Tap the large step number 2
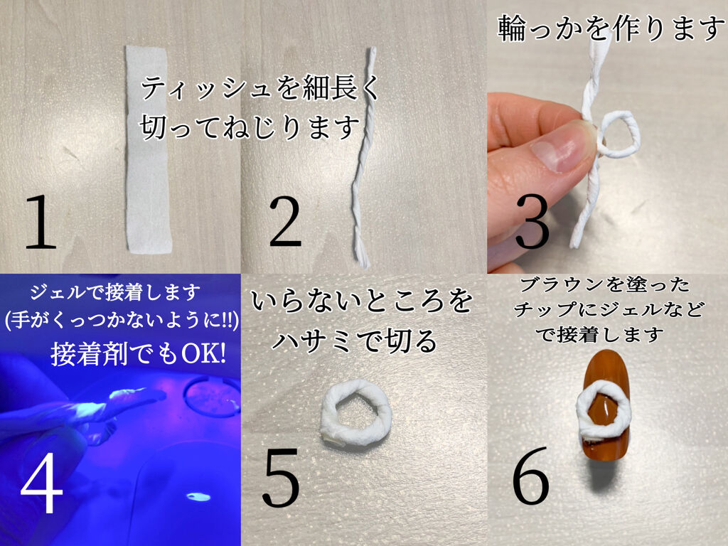click(x=285, y=222)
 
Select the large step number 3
click(x=532, y=222)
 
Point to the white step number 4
click(x=42, y=483)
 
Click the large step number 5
click(x=282, y=478)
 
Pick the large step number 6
click(x=531, y=476)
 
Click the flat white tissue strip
click(x=148, y=149)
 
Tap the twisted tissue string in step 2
click(x=365, y=158)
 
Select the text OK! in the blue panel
click(x=204, y=354)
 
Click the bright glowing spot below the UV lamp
click(x=198, y=497)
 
